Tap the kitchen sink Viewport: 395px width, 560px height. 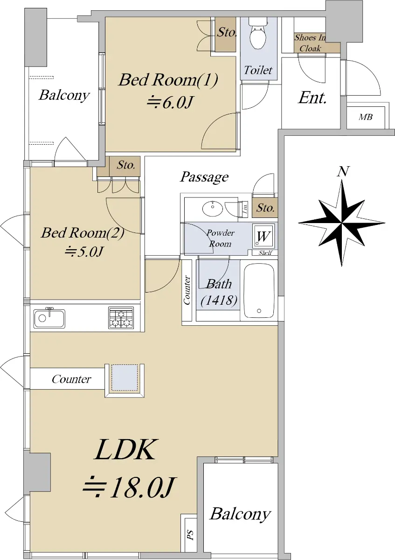(x=49, y=318)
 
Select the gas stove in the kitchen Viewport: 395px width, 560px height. (x=121, y=318)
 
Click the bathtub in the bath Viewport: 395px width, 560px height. (x=259, y=291)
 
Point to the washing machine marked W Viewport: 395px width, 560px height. (x=263, y=236)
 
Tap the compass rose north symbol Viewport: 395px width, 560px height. (x=341, y=222)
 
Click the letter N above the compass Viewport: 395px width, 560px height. (x=343, y=171)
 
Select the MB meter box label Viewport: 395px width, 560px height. (x=366, y=117)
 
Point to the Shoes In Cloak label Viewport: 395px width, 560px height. (x=310, y=43)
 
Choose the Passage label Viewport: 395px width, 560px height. (x=204, y=177)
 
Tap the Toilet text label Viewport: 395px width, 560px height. (x=258, y=70)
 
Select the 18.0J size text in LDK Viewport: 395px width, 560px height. (x=128, y=487)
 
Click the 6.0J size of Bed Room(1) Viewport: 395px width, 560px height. (x=170, y=102)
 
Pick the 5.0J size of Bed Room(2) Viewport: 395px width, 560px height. (x=83, y=252)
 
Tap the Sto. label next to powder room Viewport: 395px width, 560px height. (x=265, y=208)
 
